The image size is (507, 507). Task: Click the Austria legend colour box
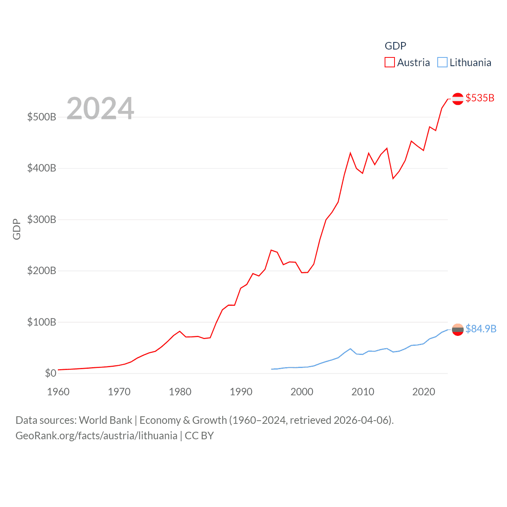[x=390, y=63]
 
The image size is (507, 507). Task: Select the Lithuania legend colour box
[x=442, y=63]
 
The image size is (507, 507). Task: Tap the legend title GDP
[x=395, y=46]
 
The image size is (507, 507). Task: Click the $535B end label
[x=480, y=98]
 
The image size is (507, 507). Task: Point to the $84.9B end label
[x=480, y=329]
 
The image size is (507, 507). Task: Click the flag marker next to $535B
[x=458, y=99]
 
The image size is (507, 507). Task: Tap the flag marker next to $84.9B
[x=458, y=330]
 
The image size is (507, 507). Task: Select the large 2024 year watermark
[x=100, y=109]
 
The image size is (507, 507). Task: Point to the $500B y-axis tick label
[x=42, y=117]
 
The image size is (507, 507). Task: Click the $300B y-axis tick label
[x=42, y=219]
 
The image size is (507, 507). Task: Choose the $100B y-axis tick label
[x=42, y=322]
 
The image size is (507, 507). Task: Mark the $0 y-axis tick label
[x=50, y=373]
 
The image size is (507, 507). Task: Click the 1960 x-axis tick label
[x=58, y=392]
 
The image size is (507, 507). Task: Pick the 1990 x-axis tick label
[x=241, y=392]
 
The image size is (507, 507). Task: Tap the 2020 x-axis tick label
[x=423, y=392]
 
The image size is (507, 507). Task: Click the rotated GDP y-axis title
[x=17, y=229]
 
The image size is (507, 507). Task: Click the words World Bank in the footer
[x=105, y=420]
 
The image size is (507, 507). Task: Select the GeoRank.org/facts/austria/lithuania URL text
[x=96, y=436]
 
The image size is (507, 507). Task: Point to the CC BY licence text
[x=199, y=436]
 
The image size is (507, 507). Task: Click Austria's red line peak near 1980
[x=180, y=331]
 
